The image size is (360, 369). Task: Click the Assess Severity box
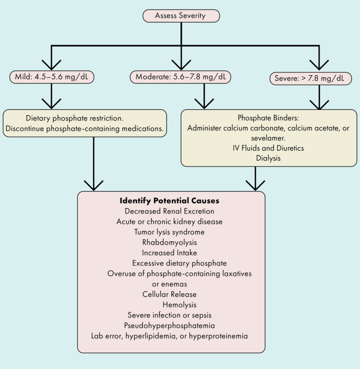pos(180,16)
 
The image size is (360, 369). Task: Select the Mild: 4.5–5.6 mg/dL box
pos(52,77)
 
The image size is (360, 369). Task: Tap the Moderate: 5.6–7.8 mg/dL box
pos(180,77)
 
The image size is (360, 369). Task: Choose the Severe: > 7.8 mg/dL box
pos(310,78)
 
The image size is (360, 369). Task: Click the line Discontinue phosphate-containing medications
pos(85,129)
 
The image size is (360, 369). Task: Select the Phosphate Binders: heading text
pos(268,118)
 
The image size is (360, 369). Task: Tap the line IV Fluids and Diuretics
pos(268,148)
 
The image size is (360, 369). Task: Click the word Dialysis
pos(268,158)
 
